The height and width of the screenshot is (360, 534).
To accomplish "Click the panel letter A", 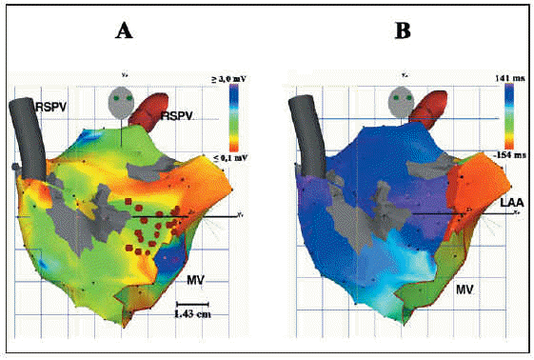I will pyautogui.click(x=123, y=31).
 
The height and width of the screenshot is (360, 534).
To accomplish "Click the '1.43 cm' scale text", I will pyautogui.click(x=195, y=312).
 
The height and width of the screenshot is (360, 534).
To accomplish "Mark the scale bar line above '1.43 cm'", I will pyautogui.click(x=195, y=301).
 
